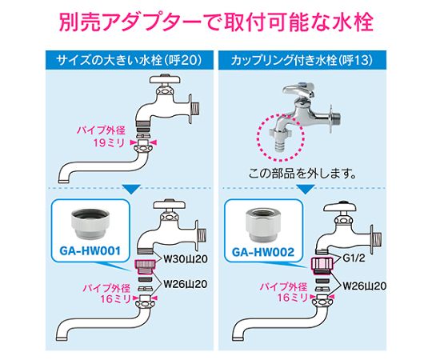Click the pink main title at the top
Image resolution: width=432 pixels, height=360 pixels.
point(216,22)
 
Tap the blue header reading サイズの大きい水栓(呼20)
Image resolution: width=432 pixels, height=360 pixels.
point(130,60)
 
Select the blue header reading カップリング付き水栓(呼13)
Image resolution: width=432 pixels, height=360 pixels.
point(302,60)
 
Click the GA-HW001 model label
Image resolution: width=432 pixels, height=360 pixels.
point(90,251)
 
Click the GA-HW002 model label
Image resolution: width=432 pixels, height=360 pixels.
point(263,252)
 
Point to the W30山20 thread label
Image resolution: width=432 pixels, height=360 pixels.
point(186,259)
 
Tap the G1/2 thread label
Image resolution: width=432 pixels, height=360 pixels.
point(354,258)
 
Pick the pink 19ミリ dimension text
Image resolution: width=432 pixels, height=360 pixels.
point(109,143)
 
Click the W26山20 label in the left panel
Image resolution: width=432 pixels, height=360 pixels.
point(186,284)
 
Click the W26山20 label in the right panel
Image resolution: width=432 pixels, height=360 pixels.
point(364,286)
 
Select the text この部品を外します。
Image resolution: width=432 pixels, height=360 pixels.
point(302,174)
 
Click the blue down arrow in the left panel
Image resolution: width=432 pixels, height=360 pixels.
point(131,190)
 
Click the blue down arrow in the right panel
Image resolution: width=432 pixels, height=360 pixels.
point(306,190)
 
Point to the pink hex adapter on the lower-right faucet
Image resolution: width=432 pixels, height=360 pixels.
point(322,264)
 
